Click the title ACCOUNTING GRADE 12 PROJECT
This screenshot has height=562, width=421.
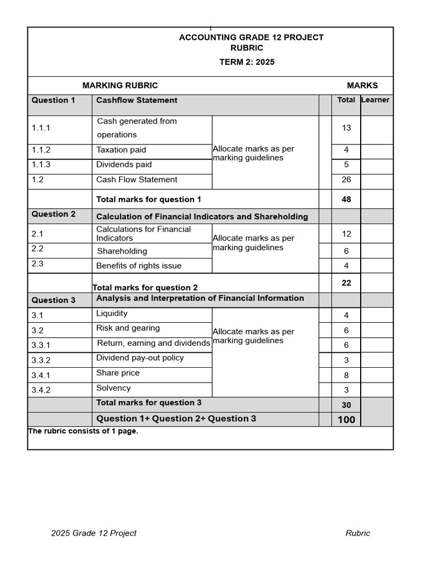[x=251, y=37]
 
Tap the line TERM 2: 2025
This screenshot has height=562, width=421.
[x=247, y=62]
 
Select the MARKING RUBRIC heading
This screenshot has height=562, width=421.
[x=120, y=86]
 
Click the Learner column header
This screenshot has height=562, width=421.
[x=376, y=100]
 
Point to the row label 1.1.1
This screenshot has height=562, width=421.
[x=41, y=128]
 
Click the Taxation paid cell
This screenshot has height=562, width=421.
[x=121, y=150]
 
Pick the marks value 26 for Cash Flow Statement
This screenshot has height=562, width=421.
[x=346, y=179]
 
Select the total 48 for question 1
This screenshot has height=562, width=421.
[x=346, y=199]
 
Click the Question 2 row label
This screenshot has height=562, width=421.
[x=54, y=214]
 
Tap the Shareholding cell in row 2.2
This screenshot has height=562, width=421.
[x=122, y=251]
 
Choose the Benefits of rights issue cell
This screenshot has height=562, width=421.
[x=139, y=266]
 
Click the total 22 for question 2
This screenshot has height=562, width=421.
[x=346, y=283]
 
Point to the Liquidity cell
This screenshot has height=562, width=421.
[x=112, y=313]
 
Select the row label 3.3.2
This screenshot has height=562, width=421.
[x=41, y=360]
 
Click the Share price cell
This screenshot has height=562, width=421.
[x=118, y=373]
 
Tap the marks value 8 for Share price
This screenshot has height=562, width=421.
[x=346, y=375]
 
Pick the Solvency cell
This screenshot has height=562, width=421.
[x=113, y=388]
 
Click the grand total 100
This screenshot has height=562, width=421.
[x=346, y=420]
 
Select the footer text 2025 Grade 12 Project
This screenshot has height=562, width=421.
[x=94, y=533]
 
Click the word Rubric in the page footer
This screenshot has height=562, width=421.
[x=357, y=533]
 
